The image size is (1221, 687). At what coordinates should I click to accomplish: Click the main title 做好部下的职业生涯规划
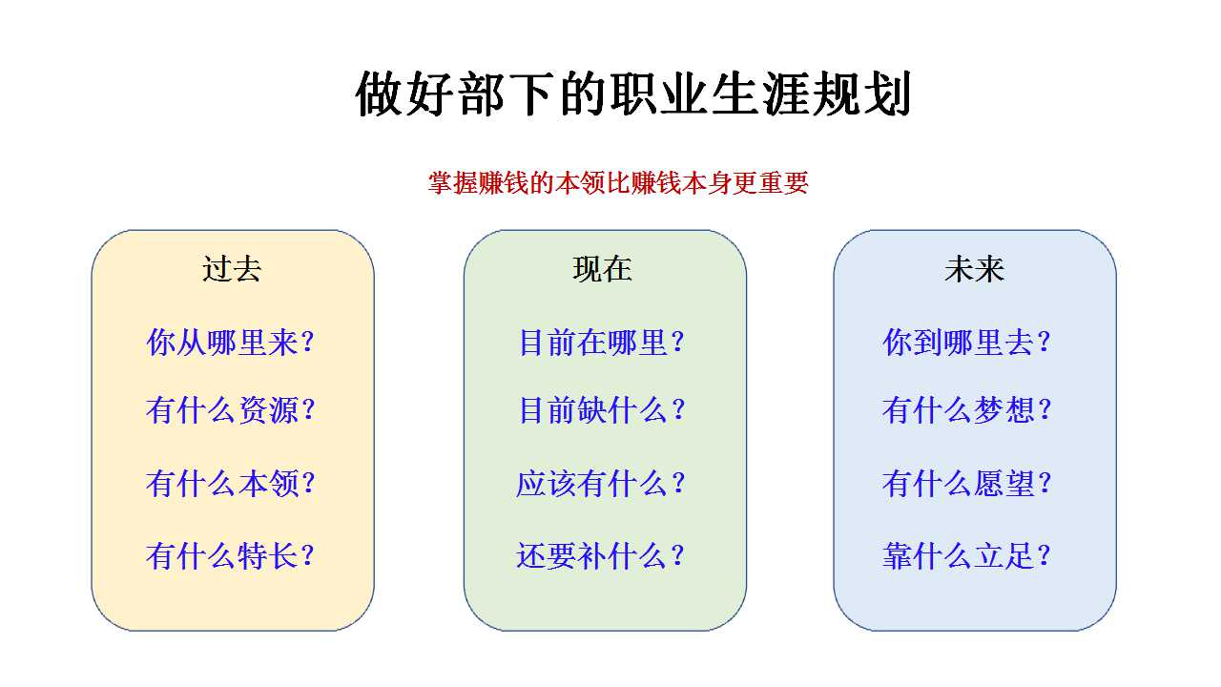click(x=632, y=94)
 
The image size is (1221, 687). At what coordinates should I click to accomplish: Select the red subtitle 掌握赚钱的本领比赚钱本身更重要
click(x=617, y=182)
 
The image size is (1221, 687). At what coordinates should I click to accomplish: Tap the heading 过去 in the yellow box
click(x=232, y=269)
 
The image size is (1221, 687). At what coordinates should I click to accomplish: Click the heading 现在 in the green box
click(x=602, y=269)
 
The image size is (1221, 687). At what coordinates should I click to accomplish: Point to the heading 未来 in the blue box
click(x=974, y=269)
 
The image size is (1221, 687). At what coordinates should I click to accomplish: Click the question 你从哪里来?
click(x=230, y=343)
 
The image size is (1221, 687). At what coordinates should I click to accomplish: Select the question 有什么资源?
click(x=230, y=410)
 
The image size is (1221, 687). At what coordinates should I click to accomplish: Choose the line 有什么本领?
click(x=230, y=484)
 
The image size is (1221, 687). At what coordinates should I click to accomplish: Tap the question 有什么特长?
click(x=230, y=556)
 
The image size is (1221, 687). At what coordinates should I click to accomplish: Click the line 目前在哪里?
click(x=601, y=343)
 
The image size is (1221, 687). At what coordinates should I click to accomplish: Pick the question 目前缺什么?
click(x=601, y=410)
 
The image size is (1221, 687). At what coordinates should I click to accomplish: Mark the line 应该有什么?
click(x=600, y=484)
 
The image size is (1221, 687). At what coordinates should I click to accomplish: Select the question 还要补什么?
click(x=600, y=556)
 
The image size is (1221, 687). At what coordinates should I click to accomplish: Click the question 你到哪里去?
click(x=966, y=343)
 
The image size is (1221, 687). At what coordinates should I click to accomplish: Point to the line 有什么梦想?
click(x=966, y=410)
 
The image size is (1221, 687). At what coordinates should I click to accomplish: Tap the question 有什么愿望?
click(x=966, y=484)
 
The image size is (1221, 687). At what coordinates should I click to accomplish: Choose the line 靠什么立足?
click(x=966, y=556)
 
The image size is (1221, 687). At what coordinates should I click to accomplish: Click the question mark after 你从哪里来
click(x=308, y=343)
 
